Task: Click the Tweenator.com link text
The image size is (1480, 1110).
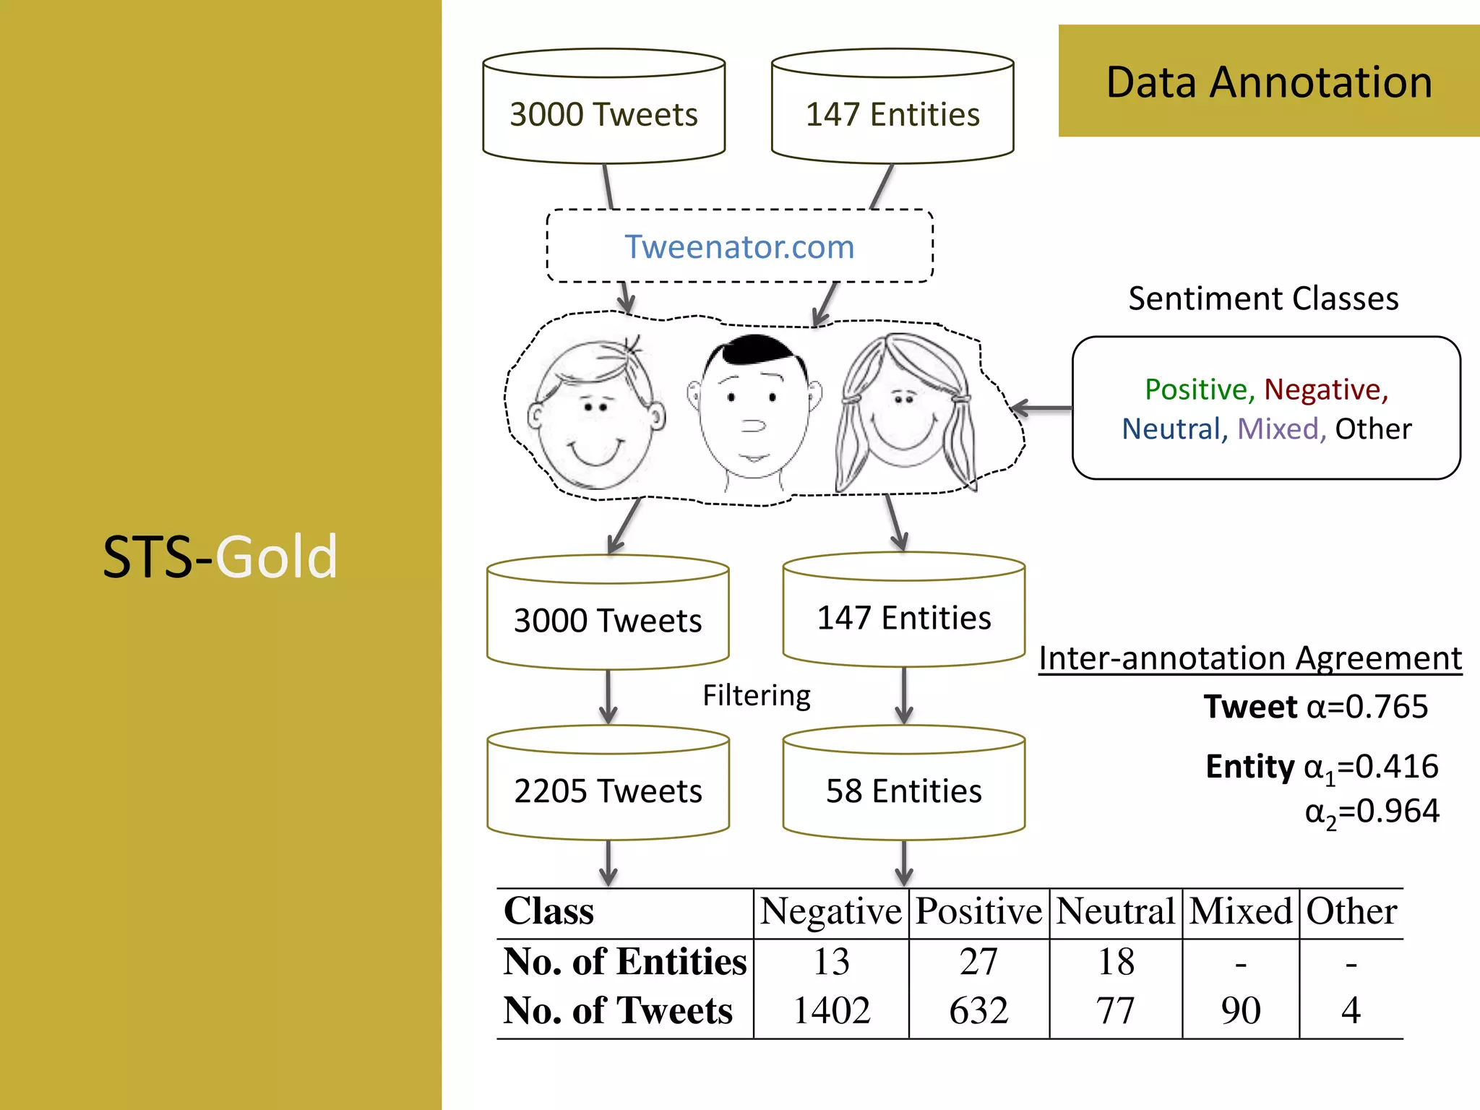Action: pyautogui.click(x=739, y=247)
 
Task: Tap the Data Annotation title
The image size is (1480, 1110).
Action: pyautogui.click(x=1269, y=82)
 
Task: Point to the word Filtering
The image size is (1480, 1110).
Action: pyautogui.click(x=756, y=695)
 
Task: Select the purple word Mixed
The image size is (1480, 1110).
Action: pyautogui.click(x=1278, y=429)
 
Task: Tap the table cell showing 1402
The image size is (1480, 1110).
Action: pyautogui.click(x=831, y=1010)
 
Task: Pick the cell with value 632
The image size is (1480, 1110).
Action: pyautogui.click(x=978, y=1010)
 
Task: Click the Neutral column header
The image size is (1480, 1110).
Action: pyautogui.click(x=1115, y=911)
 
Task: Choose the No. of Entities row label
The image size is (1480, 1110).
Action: pyautogui.click(x=624, y=962)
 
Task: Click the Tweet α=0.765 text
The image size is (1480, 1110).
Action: pyautogui.click(x=1315, y=707)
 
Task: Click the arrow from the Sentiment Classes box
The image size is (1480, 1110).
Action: pyautogui.click(x=1041, y=408)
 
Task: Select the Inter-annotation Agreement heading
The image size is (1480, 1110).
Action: pyautogui.click(x=1249, y=658)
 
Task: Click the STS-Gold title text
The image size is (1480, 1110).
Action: pyautogui.click(x=220, y=556)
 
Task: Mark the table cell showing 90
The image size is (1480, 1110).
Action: pyautogui.click(x=1240, y=1010)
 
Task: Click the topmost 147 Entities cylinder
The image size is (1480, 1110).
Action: pyautogui.click(x=892, y=108)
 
